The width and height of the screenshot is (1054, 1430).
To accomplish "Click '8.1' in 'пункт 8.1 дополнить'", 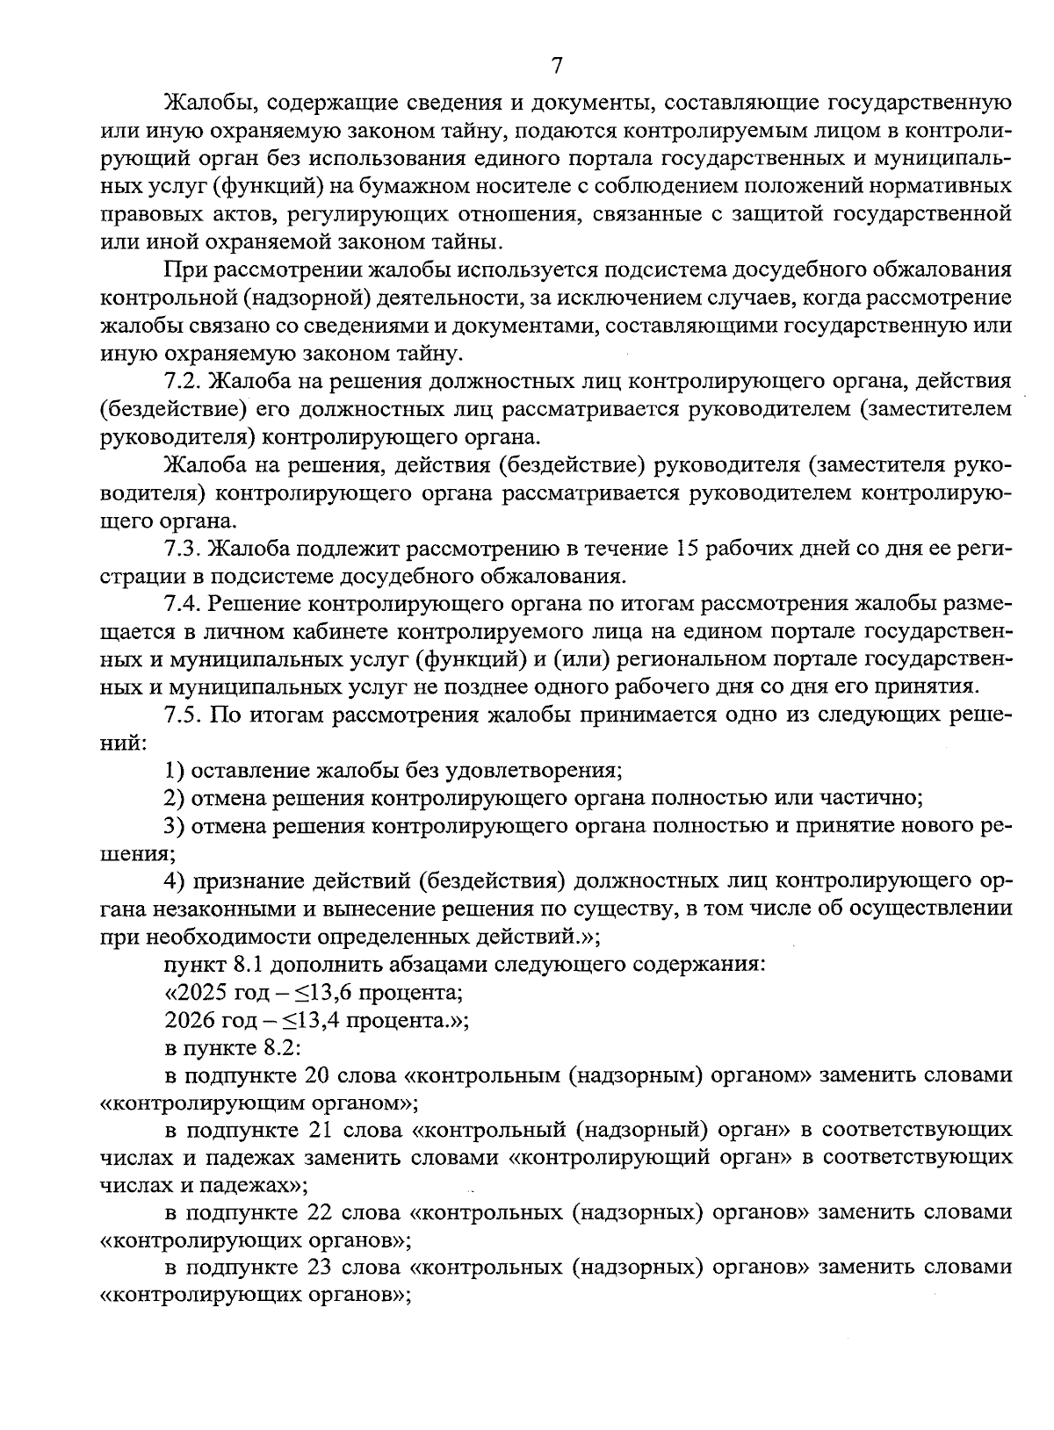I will pyautogui.click(x=249, y=965).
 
